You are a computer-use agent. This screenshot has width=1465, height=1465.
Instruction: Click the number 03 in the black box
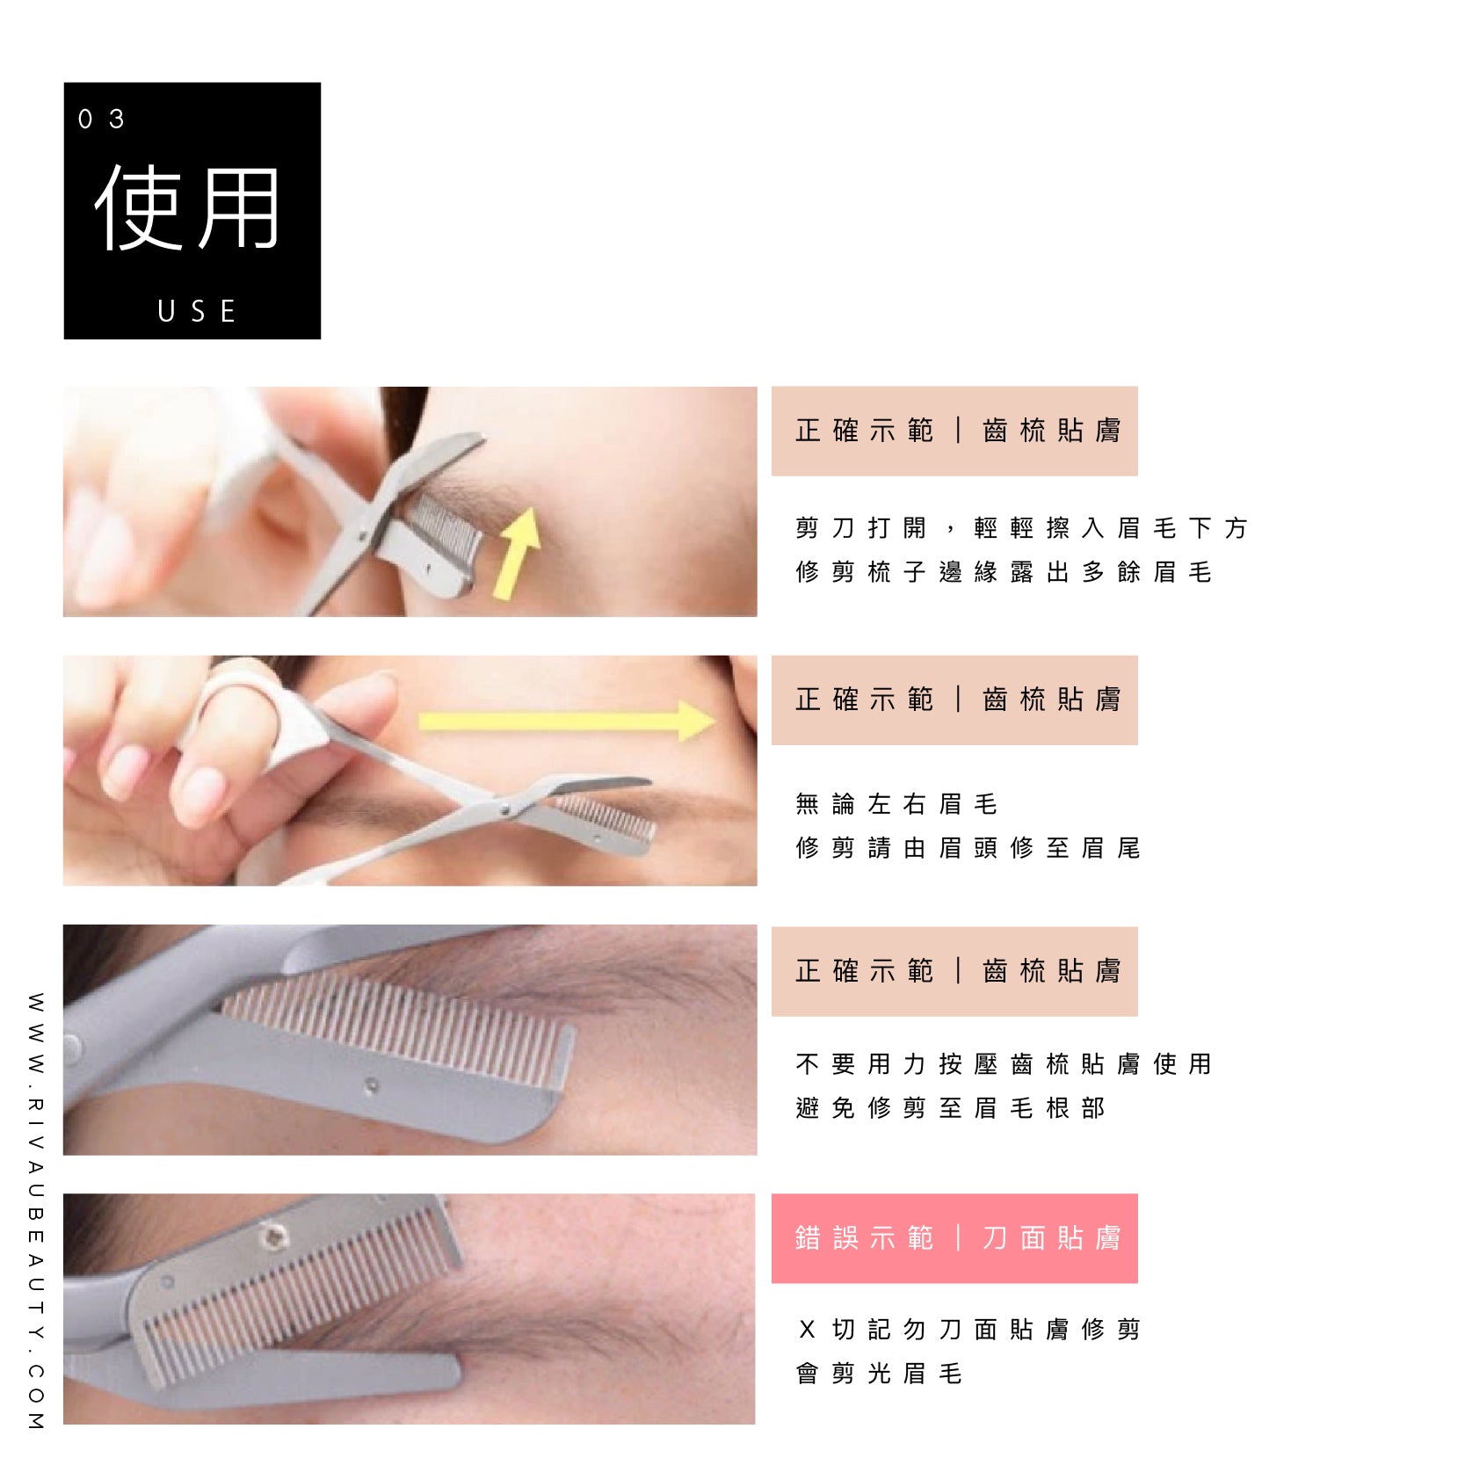pyautogui.click(x=101, y=119)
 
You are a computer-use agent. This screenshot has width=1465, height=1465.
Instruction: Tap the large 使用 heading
pyautogui.click(x=187, y=207)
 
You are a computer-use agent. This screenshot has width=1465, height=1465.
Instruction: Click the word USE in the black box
pyautogui.click(x=197, y=311)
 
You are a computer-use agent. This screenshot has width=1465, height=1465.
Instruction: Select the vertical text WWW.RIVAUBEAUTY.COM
pyautogui.click(x=35, y=1212)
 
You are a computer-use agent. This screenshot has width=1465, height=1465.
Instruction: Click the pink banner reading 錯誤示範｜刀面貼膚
pyautogui.click(x=954, y=1238)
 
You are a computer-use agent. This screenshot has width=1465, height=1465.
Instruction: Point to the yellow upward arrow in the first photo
pyautogui.click(x=518, y=553)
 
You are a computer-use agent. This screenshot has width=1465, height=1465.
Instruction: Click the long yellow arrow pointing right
pyautogui.click(x=567, y=722)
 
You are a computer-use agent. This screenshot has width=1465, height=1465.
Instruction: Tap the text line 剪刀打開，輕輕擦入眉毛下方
pyautogui.click(x=1021, y=528)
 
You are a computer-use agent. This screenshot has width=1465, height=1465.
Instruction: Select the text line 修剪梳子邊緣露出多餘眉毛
pyautogui.click(x=1004, y=572)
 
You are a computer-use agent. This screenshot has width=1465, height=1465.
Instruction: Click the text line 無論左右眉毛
pyautogui.click(x=896, y=804)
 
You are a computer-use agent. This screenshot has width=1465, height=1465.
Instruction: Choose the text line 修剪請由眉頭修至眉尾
pyautogui.click(x=968, y=848)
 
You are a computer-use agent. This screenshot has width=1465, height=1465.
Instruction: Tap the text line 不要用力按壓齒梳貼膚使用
pyautogui.click(x=1004, y=1064)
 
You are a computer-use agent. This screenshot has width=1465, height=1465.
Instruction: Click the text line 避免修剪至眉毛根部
pyautogui.click(x=950, y=1108)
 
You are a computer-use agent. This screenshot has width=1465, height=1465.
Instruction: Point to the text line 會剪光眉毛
pyautogui.click(x=879, y=1374)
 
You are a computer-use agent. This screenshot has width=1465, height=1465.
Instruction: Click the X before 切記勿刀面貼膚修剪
pyautogui.click(x=807, y=1330)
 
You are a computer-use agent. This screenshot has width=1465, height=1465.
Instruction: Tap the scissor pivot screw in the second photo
pyautogui.click(x=504, y=809)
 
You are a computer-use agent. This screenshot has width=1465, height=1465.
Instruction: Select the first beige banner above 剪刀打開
pyautogui.click(x=954, y=431)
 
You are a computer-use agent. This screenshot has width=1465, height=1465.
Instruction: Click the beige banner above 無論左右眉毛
pyautogui.click(x=954, y=700)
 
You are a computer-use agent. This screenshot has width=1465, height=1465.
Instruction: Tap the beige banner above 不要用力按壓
pyautogui.click(x=954, y=971)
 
